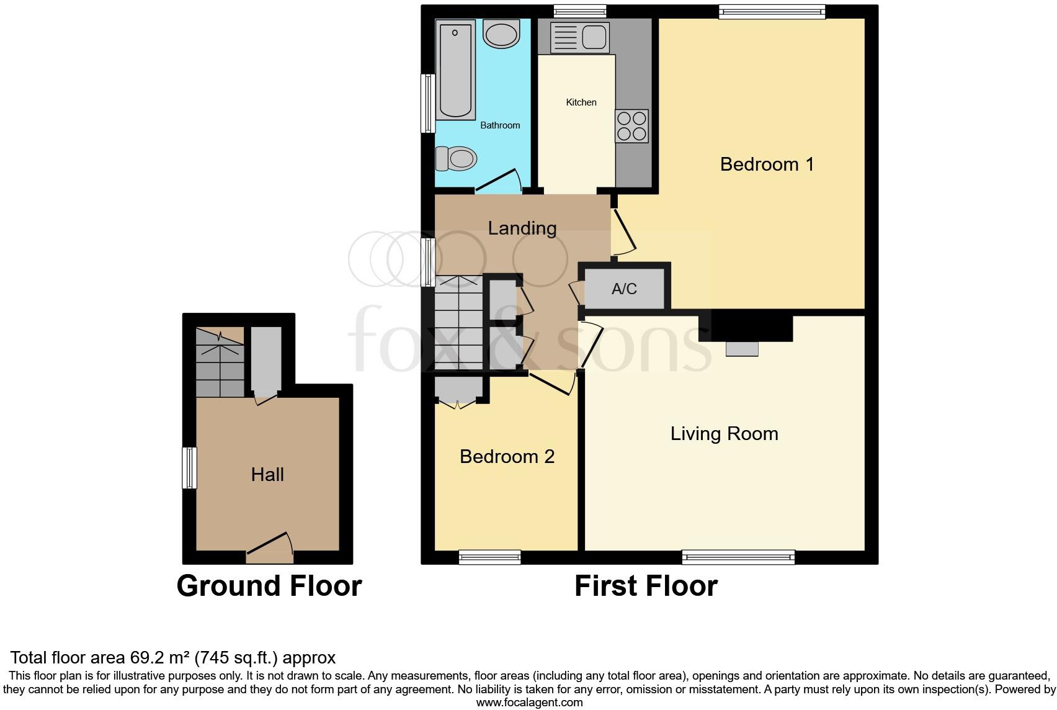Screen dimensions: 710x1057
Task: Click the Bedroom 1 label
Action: [x=767, y=164]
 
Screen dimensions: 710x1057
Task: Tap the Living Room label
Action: [x=724, y=433]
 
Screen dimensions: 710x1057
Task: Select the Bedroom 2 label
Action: [x=507, y=457]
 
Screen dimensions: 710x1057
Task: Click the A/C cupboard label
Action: [x=624, y=289]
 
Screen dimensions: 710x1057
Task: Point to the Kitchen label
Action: [x=581, y=102]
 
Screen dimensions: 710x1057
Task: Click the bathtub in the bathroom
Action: [x=456, y=70]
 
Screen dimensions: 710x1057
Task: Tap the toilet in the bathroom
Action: [x=455, y=158]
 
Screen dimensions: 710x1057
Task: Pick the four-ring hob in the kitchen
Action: [x=631, y=126]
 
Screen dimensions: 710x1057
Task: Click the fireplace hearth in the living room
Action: [x=742, y=349]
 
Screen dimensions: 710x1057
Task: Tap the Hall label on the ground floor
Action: [x=267, y=475]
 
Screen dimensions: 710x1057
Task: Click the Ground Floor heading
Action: [x=269, y=586]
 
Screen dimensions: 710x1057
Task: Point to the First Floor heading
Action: [x=646, y=586]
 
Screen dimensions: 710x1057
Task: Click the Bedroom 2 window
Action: [x=489, y=557]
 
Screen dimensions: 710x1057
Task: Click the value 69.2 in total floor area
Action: [x=144, y=658]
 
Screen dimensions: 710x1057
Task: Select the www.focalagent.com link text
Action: [x=529, y=703]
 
